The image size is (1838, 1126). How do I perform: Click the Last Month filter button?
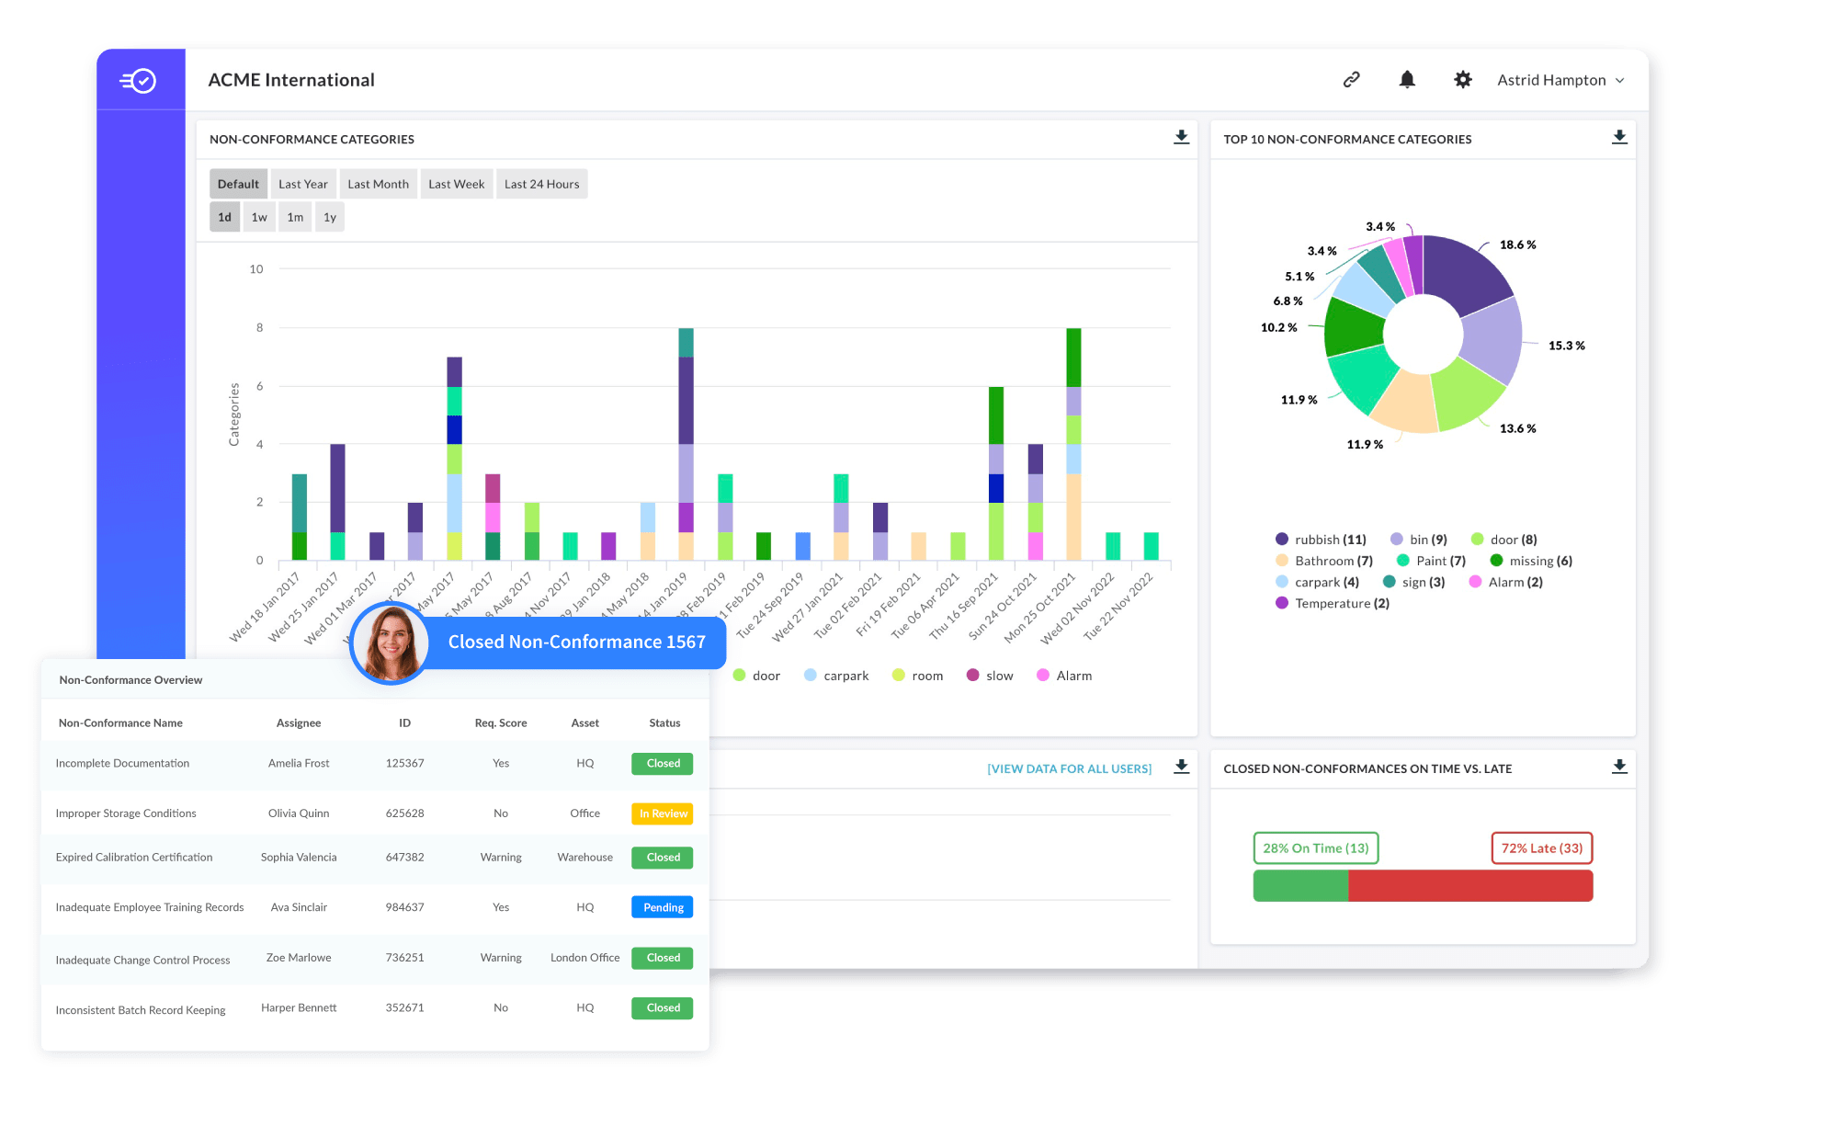tap(378, 184)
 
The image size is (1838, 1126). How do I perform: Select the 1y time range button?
tap(329, 217)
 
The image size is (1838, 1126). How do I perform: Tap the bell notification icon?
tap(1407, 80)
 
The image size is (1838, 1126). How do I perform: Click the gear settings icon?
tap(1463, 80)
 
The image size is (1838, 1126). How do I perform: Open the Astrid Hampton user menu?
tap(1560, 80)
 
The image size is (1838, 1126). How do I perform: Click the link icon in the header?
tap(1351, 80)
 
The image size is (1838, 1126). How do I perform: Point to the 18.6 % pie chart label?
tap(1517, 245)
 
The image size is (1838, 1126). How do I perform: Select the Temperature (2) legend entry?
tap(1333, 603)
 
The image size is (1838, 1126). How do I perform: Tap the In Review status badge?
tap(663, 813)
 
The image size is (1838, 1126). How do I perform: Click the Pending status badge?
tap(663, 907)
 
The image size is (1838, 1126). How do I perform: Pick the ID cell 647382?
tap(404, 857)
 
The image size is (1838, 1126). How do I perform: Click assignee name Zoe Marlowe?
tap(299, 958)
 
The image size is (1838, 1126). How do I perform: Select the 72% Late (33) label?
tap(1541, 847)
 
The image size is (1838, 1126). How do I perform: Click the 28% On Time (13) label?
tap(1315, 847)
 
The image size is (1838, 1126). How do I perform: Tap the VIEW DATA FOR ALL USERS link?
tap(1069, 768)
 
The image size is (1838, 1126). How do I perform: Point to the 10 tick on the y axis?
tap(256, 269)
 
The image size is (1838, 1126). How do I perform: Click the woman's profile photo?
tap(391, 643)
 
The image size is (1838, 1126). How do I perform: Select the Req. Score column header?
tap(501, 722)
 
